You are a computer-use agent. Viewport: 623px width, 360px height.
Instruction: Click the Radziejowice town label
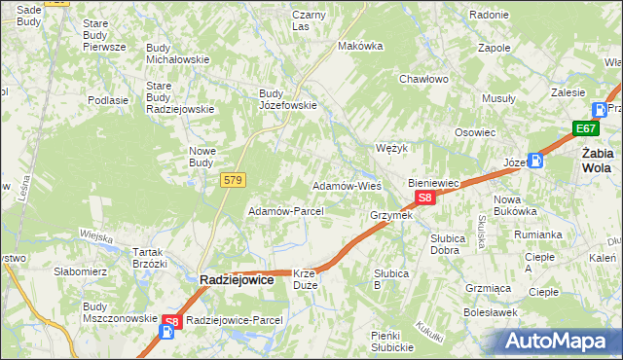[x=240, y=279]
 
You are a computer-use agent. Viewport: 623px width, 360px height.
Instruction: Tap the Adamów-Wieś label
[x=346, y=185]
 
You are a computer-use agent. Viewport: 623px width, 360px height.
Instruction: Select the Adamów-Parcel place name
[x=285, y=210]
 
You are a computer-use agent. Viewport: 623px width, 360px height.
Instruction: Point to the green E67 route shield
[x=585, y=128]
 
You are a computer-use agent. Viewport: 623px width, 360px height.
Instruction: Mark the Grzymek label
[x=391, y=214]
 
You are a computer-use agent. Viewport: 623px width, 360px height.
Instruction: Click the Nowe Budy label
[x=202, y=157]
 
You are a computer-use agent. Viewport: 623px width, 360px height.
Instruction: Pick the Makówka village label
[x=356, y=46]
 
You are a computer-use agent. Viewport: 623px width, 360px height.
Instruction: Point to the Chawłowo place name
[x=423, y=79]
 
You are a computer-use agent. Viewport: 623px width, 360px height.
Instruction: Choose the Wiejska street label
[x=96, y=234]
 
